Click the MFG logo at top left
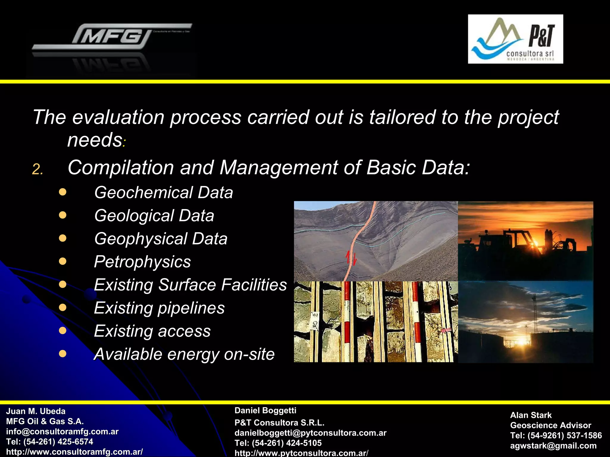click(112, 37)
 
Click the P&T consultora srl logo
click(515, 39)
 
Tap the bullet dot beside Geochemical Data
click(63, 192)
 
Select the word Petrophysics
click(142, 262)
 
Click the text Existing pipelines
click(159, 308)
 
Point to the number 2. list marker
click(38, 170)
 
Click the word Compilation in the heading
click(121, 168)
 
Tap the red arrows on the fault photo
click(351, 258)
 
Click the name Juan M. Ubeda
click(36, 411)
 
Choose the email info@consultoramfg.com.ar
click(62, 431)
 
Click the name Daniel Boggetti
click(265, 411)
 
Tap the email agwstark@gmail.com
click(553, 446)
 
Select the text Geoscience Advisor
click(551, 425)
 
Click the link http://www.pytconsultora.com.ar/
click(301, 453)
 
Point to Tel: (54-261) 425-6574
click(50, 442)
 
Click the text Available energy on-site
click(184, 354)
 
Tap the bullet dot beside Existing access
click(63, 331)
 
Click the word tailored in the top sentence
click(402, 117)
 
